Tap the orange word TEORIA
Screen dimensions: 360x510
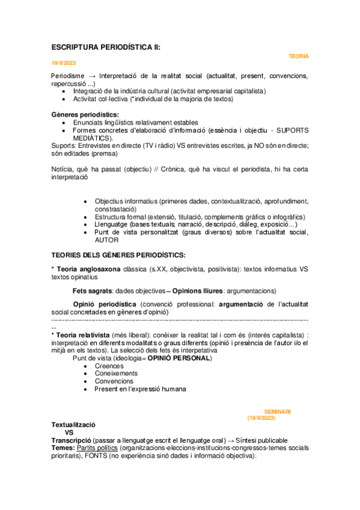(299, 56)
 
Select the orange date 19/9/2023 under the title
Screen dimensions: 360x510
(64, 63)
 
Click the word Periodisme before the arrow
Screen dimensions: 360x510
(69, 76)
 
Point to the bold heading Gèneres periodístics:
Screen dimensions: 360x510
(85, 114)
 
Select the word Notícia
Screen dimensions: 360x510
(63, 170)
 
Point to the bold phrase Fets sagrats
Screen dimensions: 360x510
(92, 290)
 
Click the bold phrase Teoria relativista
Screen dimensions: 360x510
(84, 334)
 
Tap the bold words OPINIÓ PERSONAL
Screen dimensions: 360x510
(179, 358)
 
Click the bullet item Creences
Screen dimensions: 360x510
(109, 366)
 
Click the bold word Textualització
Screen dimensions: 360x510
(73, 425)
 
